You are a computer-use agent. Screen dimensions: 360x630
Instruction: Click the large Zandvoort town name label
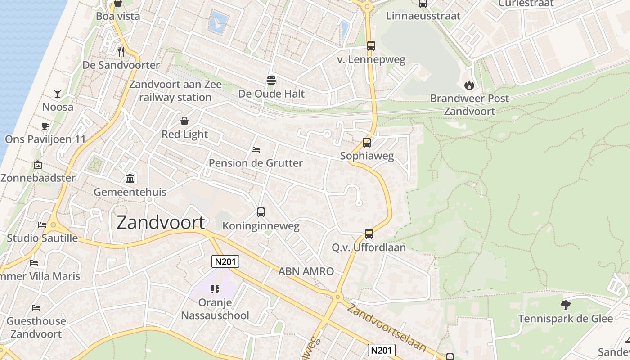(x=161, y=223)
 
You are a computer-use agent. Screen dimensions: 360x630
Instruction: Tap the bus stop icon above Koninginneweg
(x=261, y=212)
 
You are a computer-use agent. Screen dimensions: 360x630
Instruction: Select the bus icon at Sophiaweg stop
(x=367, y=143)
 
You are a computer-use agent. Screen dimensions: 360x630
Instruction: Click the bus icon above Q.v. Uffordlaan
(x=369, y=234)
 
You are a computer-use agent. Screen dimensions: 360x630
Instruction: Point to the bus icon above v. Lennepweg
(x=371, y=46)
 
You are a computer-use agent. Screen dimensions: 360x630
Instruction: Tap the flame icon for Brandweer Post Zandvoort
(x=469, y=85)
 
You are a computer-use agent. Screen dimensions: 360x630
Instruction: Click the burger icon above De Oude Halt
(x=271, y=81)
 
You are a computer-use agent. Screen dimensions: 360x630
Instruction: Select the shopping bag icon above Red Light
(x=184, y=121)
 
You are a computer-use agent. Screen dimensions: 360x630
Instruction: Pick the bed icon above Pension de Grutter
(x=256, y=149)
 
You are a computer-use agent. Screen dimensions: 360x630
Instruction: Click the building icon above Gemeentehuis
(x=130, y=178)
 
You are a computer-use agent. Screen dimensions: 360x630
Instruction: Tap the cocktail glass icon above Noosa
(x=58, y=94)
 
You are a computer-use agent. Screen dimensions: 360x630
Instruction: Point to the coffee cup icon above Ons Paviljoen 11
(x=45, y=126)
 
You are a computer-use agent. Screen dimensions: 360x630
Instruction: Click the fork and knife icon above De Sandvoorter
(x=121, y=51)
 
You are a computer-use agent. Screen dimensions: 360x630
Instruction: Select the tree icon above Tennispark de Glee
(x=565, y=305)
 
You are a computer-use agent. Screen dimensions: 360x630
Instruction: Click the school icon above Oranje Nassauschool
(x=215, y=289)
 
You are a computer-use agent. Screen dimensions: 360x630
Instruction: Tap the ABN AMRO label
(x=306, y=271)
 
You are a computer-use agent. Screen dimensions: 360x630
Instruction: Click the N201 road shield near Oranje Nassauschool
(x=225, y=261)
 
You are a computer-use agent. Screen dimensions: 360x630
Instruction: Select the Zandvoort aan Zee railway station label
(x=175, y=91)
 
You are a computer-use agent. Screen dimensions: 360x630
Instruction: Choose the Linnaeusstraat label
(x=423, y=16)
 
